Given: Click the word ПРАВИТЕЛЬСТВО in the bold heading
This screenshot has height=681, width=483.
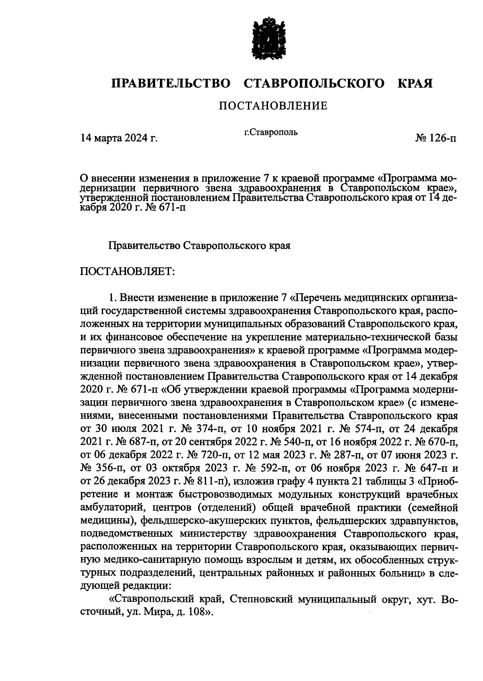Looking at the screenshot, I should pyautogui.click(x=171, y=83).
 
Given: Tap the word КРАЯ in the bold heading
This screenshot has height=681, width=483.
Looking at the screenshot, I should pyautogui.click(x=415, y=83).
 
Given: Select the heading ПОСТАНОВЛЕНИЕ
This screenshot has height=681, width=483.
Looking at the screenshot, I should pyautogui.click(x=273, y=106).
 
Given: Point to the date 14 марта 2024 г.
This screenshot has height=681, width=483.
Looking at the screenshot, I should pyautogui.click(x=119, y=139).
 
